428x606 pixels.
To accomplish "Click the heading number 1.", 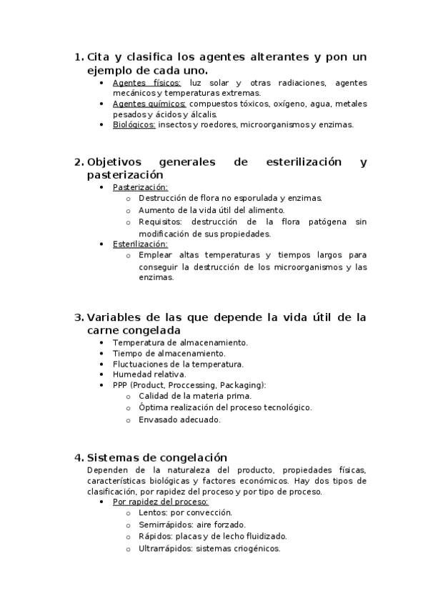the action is (78, 57).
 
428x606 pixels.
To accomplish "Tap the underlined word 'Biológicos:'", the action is (134, 124).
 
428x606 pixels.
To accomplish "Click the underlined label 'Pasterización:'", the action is (140, 187).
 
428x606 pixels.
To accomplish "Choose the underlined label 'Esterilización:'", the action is (140, 244).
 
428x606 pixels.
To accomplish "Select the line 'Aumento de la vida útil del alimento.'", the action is (211, 210).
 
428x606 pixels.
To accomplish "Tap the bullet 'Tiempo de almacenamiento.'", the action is (169, 353).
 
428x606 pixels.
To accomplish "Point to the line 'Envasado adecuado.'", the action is (179, 419).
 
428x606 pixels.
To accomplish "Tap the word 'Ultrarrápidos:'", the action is (166, 549).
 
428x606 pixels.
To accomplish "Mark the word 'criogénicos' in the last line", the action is (256, 549).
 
